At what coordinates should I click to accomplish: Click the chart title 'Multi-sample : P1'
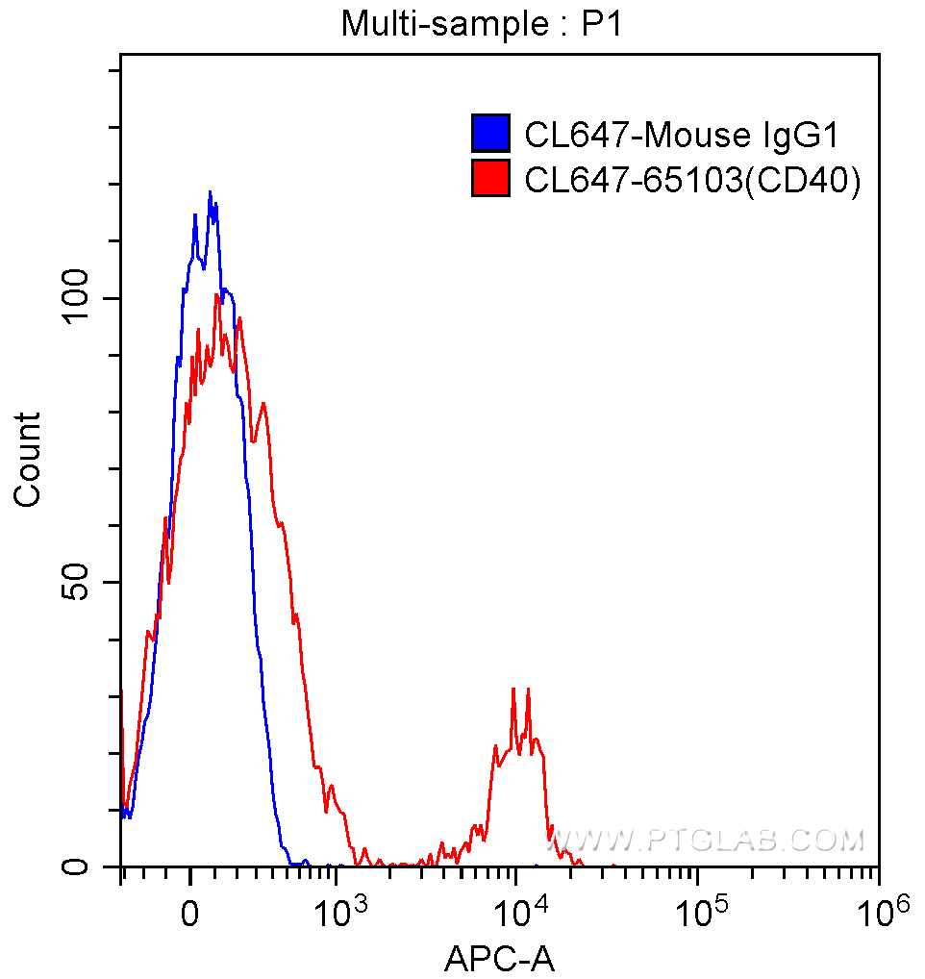[482, 24]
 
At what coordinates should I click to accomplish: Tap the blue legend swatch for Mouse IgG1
[489, 134]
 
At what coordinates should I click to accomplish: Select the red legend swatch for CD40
[489, 179]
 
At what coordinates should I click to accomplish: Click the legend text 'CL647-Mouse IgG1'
[681, 135]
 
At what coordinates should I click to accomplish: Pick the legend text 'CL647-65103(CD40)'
[691, 180]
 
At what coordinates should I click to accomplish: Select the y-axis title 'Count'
[28, 459]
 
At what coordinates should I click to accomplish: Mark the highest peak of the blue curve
[209, 192]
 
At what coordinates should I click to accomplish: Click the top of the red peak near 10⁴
[513, 689]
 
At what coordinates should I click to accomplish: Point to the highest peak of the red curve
[217, 294]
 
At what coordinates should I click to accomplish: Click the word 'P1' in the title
[602, 24]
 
